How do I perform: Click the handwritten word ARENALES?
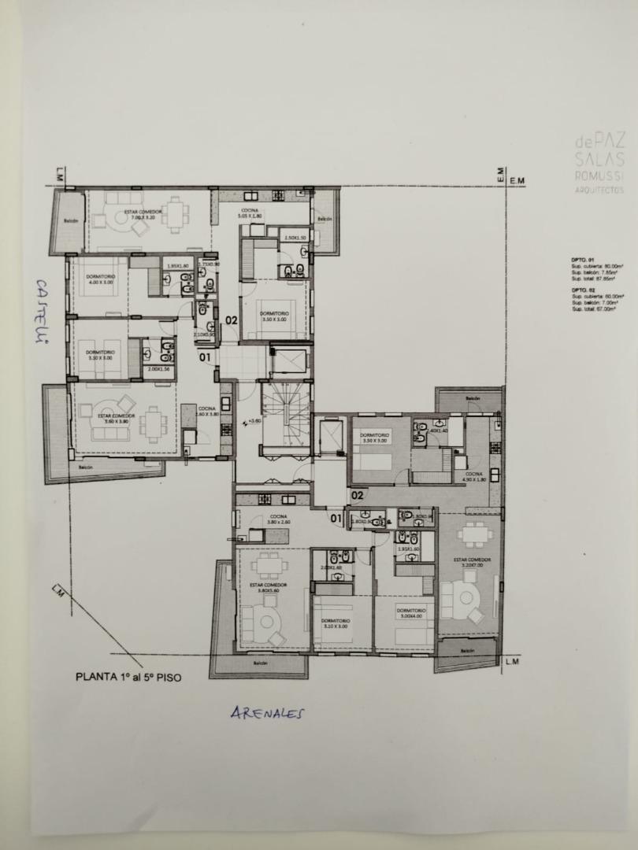pos(268,713)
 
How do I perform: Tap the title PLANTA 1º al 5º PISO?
pos(128,675)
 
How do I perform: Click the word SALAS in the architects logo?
pos(600,160)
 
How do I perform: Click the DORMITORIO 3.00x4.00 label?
pos(411,613)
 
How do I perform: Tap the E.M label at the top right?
pos(516,182)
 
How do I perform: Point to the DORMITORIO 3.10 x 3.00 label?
pos(335,623)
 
